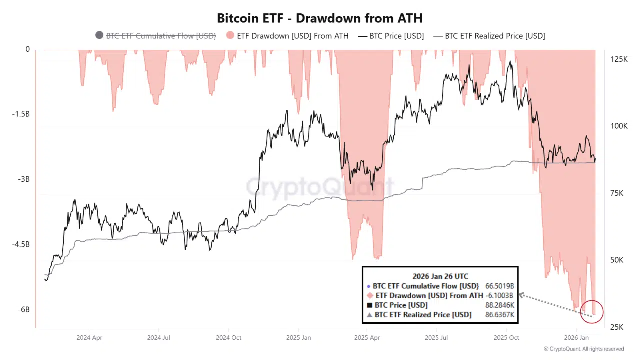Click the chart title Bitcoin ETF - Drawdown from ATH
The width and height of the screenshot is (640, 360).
[x=319, y=18]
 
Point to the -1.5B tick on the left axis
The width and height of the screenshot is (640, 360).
[x=20, y=114]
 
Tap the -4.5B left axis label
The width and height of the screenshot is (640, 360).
[x=20, y=245]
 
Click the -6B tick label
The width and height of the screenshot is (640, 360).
[x=24, y=310]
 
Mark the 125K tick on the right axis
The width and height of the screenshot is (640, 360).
[x=619, y=59]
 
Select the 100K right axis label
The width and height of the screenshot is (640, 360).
[x=619, y=126]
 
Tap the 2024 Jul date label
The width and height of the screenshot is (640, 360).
[x=159, y=338]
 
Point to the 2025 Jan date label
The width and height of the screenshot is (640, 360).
[x=298, y=338]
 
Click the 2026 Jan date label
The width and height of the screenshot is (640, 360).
[x=577, y=338]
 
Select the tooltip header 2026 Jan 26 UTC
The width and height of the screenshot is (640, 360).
[x=440, y=276]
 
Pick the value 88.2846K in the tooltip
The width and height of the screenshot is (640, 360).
[x=499, y=305]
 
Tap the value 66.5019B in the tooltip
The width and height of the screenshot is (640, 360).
[x=499, y=286]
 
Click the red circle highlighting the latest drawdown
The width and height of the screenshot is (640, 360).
[x=593, y=311]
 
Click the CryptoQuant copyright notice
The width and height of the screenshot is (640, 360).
[x=583, y=349]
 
